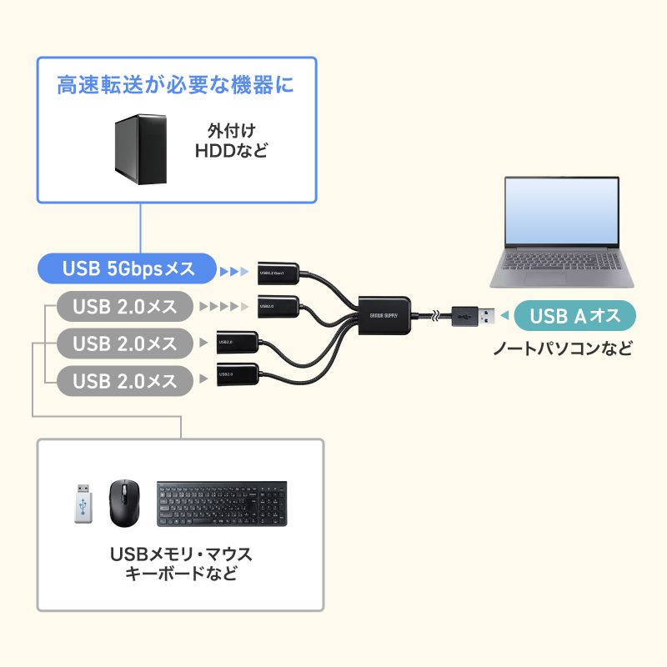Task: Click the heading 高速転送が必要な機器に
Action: (x=176, y=84)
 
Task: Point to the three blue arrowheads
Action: (x=234, y=271)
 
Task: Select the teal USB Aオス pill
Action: (x=576, y=315)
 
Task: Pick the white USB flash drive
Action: (x=82, y=504)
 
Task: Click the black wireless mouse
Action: (x=126, y=502)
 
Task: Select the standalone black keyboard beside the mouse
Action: (x=222, y=504)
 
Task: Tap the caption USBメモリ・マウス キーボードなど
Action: (x=180, y=564)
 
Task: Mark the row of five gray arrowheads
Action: (x=223, y=307)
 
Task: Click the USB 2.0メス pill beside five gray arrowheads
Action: (x=125, y=307)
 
